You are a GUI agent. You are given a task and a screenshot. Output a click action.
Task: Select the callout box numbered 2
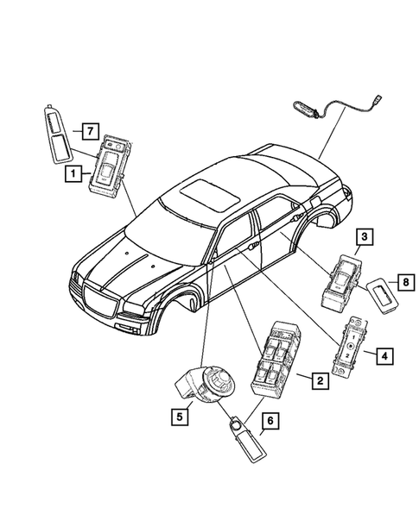319,379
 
